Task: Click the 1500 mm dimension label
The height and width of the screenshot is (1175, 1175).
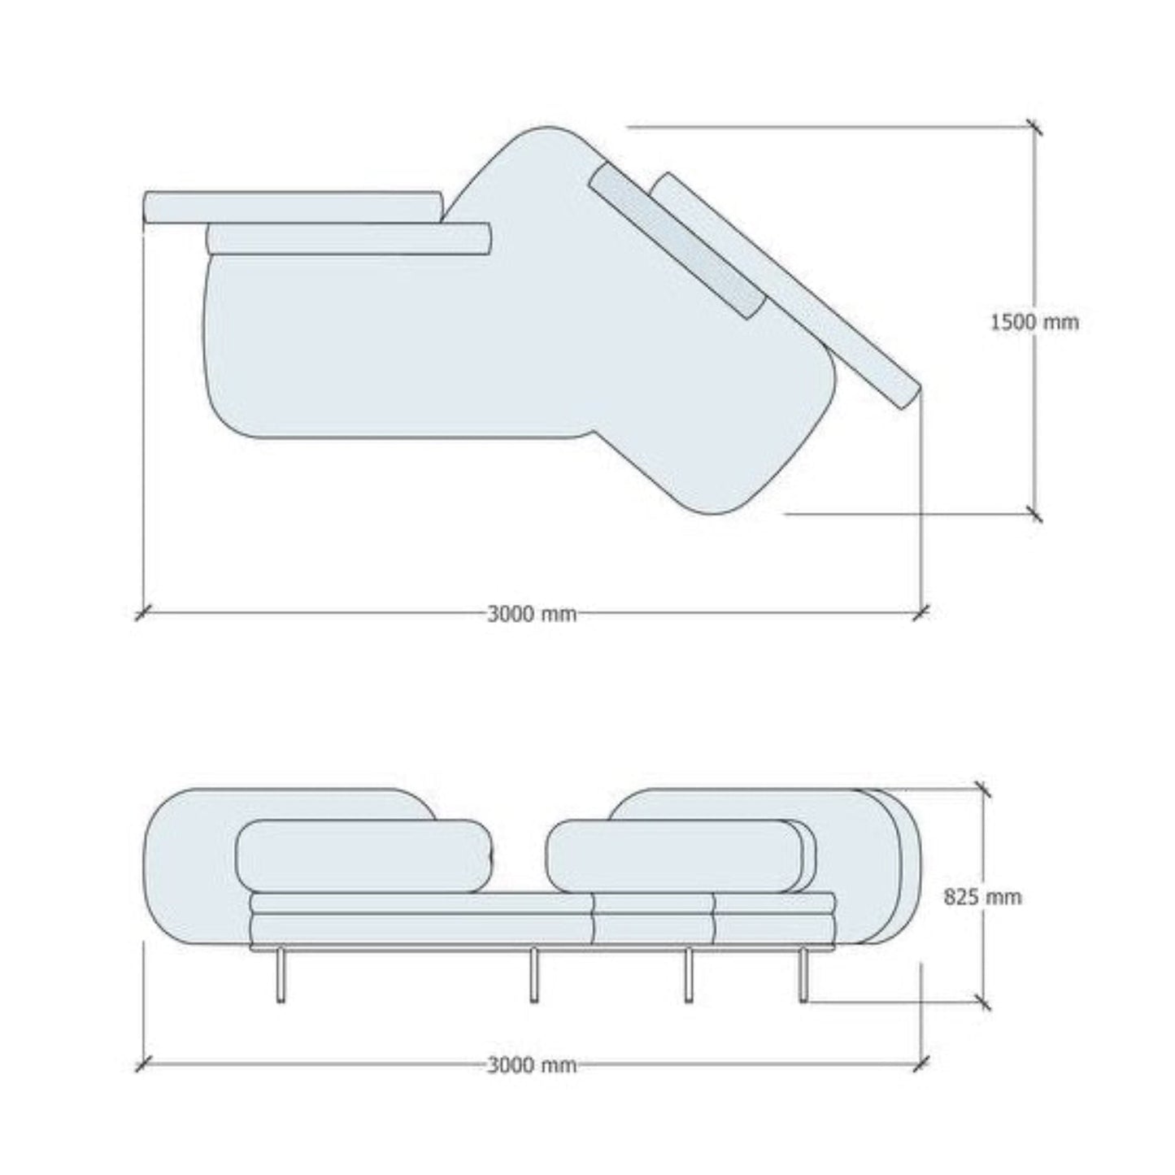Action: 1034,323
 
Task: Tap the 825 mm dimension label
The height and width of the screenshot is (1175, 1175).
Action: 982,897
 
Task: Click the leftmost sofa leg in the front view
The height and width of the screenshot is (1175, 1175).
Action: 281,976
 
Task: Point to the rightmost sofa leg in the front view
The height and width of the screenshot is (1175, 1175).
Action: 804,976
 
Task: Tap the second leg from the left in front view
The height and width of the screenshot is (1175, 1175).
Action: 534,976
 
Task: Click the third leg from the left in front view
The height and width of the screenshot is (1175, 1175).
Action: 688,976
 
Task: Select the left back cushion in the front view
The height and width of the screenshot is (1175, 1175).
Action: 363,856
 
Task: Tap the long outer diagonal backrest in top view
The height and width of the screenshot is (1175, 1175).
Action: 789,293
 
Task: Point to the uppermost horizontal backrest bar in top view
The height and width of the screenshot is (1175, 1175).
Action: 293,207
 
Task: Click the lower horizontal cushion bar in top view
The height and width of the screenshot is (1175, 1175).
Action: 350,238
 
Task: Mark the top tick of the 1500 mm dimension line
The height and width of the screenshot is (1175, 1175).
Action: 1034,128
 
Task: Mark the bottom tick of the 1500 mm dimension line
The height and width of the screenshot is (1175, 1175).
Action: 1034,514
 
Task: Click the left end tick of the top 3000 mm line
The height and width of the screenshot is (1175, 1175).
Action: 143,612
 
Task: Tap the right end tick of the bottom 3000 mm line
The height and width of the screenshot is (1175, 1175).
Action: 921,1063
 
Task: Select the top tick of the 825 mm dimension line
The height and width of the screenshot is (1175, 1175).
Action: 982,789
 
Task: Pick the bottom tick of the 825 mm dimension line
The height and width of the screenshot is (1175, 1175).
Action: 982,1002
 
